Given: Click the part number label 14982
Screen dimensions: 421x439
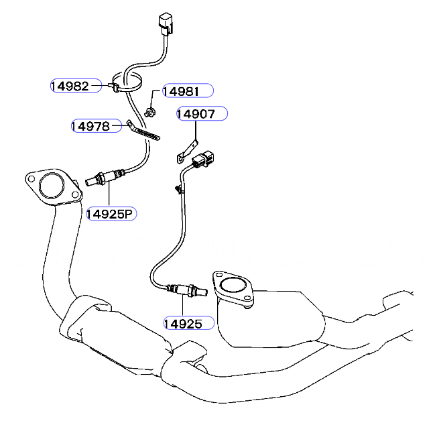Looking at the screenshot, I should pyautogui.click(x=70, y=85).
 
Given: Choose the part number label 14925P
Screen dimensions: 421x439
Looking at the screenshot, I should pyautogui.click(x=111, y=214).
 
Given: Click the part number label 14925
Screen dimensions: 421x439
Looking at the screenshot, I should pyautogui.click(x=182, y=323).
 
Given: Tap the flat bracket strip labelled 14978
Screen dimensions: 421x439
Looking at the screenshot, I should pyautogui.click(x=145, y=131).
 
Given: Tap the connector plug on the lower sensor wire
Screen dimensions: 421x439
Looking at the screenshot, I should pyautogui.click(x=203, y=160).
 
